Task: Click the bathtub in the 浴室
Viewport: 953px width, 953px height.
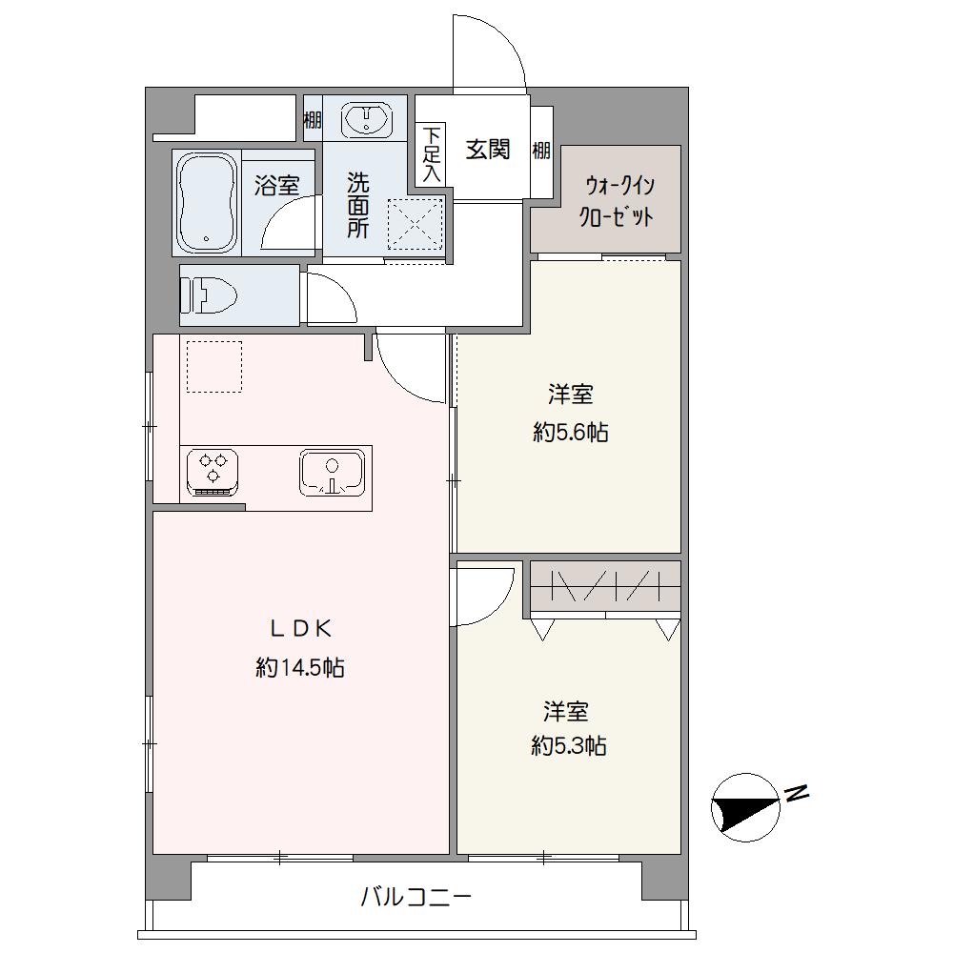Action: point(206,201)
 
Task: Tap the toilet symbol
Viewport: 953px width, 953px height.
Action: point(209,294)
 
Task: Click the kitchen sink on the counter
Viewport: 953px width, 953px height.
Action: point(333,473)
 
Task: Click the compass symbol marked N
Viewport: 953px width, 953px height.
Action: point(746,805)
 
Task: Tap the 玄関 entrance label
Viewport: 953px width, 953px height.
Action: point(487,150)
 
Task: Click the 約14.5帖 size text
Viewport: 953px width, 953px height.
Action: point(299,668)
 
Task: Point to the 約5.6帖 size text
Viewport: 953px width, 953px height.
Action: point(570,433)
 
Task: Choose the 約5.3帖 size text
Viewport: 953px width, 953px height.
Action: point(568,746)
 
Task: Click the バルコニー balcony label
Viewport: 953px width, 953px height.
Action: point(416,897)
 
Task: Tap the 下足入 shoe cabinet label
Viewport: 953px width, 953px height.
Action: point(431,154)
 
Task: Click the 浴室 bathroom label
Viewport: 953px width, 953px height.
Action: point(276,185)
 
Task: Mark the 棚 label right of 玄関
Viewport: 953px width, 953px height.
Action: point(541,151)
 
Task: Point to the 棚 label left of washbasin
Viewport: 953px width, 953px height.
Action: point(312,121)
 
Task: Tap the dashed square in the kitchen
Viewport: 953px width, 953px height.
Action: point(214,366)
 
